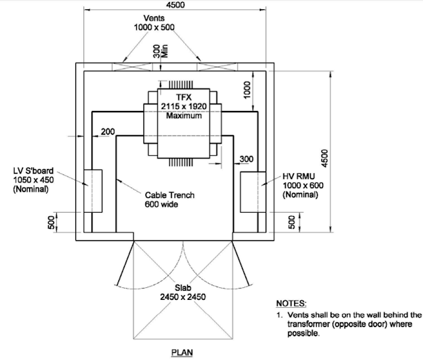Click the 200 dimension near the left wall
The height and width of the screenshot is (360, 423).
(x=106, y=132)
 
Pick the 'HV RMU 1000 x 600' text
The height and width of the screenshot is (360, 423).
(x=305, y=187)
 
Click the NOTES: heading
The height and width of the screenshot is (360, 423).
(x=291, y=303)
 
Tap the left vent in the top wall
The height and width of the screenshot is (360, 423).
(x=135, y=65)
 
